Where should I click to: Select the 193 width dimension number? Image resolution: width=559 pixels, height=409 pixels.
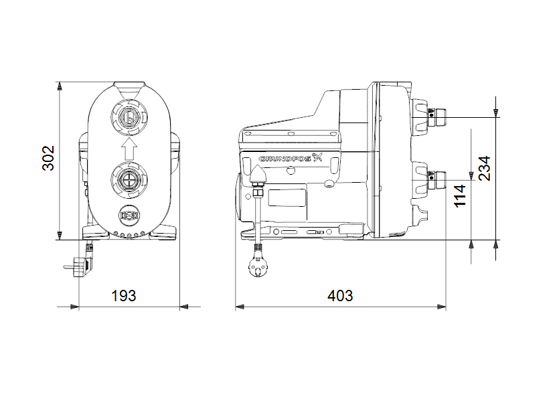point(123,295)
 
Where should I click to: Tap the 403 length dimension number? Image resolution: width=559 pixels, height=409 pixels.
point(340,295)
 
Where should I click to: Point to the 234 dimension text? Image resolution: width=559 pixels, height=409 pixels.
point(485,169)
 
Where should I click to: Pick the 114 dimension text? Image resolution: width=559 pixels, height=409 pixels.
point(460,195)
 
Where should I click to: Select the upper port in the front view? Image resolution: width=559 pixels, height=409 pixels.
point(129,119)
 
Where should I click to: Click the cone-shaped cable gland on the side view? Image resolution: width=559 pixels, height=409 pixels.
point(258,175)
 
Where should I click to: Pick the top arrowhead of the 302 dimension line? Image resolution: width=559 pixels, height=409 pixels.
point(60,86)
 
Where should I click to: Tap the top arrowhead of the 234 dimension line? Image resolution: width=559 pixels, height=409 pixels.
point(495,110)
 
